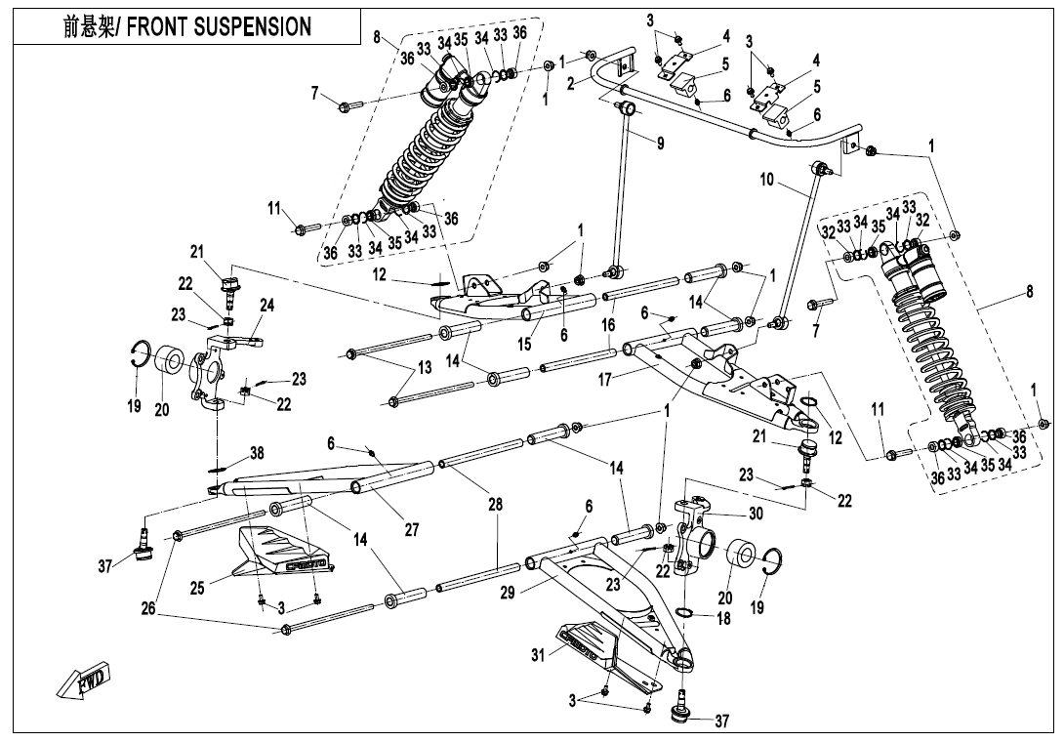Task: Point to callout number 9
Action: pyautogui.click(x=661, y=144)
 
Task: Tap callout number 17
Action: pyautogui.click(x=605, y=379)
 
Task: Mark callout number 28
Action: pyautogui.click(x=496, y=504)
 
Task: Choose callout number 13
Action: pyautogui.click(x=424, y=367)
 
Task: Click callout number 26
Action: pyautogui.click(x=147, y=608)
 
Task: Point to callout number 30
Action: pyautogui.click(x=756, y=513)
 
